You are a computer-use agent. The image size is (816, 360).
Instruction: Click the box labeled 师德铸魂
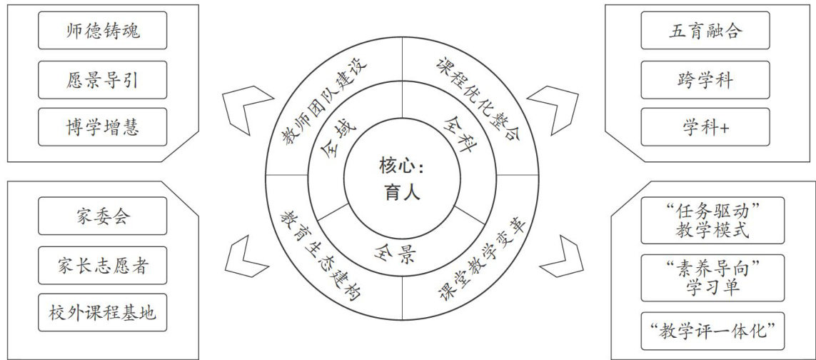[102, 33]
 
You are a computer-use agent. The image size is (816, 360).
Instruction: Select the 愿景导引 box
[102, 79]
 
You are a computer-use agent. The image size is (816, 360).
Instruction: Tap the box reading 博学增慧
[102, 126]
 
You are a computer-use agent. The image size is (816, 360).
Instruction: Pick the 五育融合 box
[705, 33]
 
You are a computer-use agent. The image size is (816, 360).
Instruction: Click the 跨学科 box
[705, 79]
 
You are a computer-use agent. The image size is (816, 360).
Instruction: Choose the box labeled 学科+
[705, 126]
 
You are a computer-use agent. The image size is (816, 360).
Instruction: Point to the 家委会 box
[102, 216]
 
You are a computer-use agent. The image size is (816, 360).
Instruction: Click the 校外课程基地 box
[102, 312]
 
